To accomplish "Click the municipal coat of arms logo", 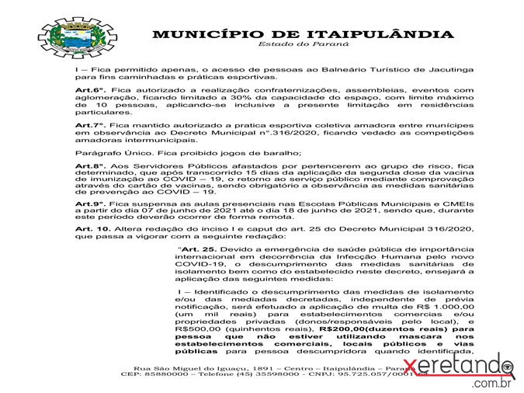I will tap(98, 33).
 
